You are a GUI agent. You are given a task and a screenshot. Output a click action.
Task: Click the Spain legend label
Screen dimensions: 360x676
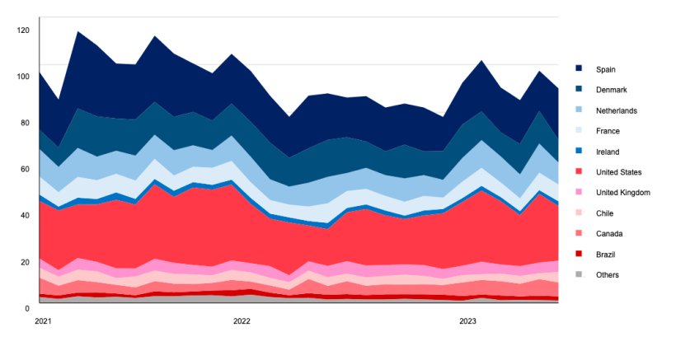pos(606,69)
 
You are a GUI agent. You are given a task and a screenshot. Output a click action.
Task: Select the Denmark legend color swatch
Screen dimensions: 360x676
pos(580,90)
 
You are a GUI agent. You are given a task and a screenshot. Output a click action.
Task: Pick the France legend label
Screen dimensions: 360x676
pos(608,131)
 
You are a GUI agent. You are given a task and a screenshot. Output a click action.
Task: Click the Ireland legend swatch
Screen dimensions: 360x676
pos(580,152)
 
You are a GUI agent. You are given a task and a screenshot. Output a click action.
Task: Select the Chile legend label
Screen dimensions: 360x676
pos(606,213)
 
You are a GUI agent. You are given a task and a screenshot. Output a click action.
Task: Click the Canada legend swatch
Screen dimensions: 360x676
pos(580,234)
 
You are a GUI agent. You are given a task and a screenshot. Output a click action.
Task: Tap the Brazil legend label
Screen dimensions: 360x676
pos(607,255)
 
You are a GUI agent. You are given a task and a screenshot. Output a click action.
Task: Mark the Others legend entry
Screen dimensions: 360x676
pos(608,275)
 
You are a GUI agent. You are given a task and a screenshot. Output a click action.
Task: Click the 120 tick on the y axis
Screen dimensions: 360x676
pos(23,30)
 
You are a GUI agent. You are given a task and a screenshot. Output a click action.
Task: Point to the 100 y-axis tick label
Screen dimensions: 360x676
pos(23,77)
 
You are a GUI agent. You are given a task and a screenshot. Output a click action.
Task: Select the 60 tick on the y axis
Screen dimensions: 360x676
pos(25,169)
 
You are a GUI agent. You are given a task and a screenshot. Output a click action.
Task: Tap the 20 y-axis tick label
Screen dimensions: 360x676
pos(25,262)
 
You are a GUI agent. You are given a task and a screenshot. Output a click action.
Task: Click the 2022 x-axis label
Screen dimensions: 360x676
pos(242,320)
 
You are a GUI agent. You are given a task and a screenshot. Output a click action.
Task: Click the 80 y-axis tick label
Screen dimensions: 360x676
pos(25,123)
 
